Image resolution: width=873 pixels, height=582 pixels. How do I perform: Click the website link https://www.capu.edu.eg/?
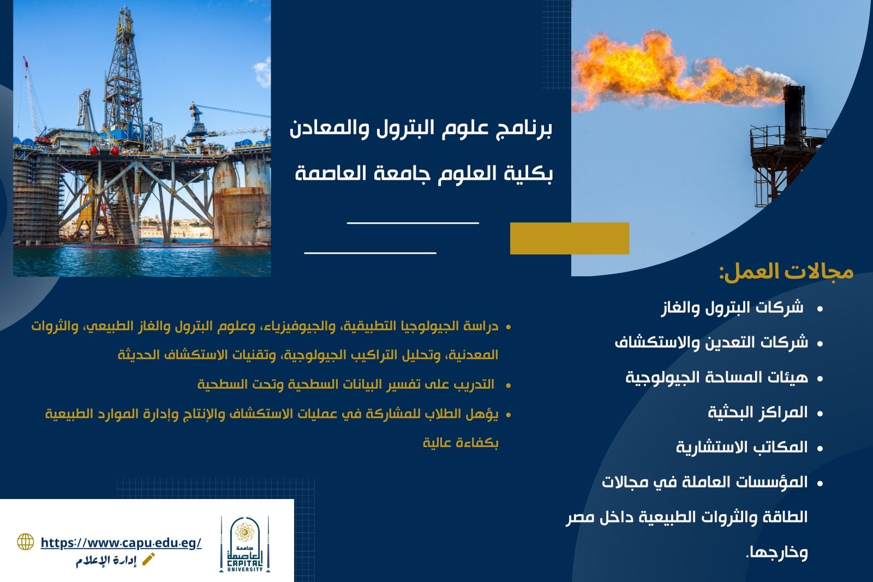click(121, 543)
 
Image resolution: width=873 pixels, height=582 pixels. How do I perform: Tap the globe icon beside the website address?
click(26, 542)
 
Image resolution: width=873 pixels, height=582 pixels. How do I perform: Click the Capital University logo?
click(245, 544)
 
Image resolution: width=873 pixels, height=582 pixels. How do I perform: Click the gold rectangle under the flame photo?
click(570, 239)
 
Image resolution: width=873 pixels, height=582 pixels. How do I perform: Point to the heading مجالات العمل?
click(786, 272)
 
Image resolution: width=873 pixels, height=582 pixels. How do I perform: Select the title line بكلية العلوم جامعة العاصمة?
click(423, 173)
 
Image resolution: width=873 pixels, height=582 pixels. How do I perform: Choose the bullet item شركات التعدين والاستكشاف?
click(711, 342)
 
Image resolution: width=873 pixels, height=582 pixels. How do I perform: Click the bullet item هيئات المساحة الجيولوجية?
click(717, 378)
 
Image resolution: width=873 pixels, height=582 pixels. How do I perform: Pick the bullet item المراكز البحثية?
click(758, 412)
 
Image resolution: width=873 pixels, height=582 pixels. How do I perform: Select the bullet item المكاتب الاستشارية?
click(742, 447)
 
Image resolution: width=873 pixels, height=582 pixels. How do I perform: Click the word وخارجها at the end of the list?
click(777, 553)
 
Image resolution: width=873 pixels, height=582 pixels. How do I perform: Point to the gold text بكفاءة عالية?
click(461, 443)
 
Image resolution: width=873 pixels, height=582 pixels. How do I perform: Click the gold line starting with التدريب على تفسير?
click(346, 384)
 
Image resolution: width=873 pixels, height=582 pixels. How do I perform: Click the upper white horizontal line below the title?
click(413, 223)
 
